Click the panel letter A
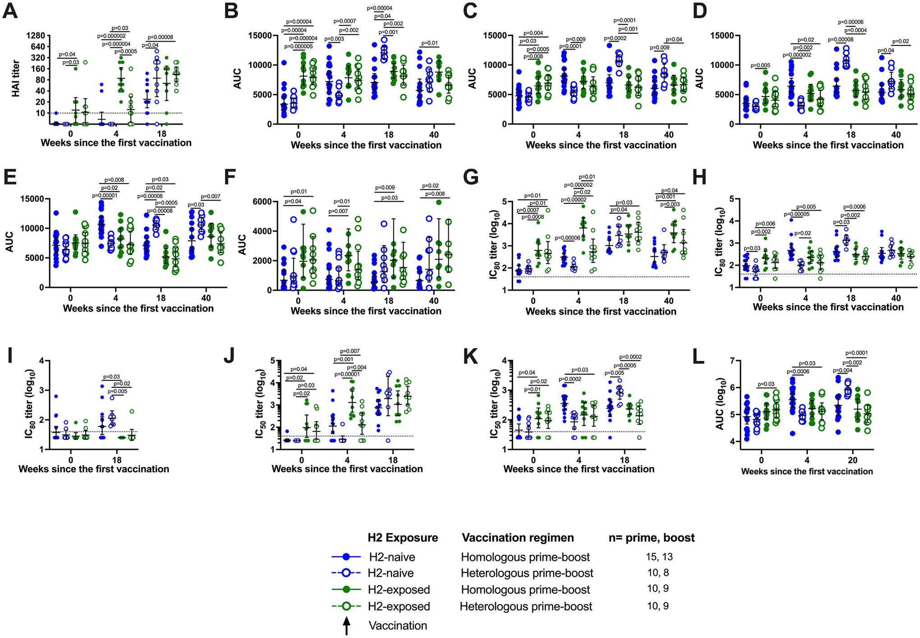[10, 10]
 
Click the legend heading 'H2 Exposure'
[403, 538]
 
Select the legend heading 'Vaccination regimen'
[518, 538]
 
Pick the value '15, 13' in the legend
[659, 557]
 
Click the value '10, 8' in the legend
[658, 573]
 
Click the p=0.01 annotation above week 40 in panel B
[429, 43]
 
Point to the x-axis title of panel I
[94, 469]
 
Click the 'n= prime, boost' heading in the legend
[652, 538]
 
